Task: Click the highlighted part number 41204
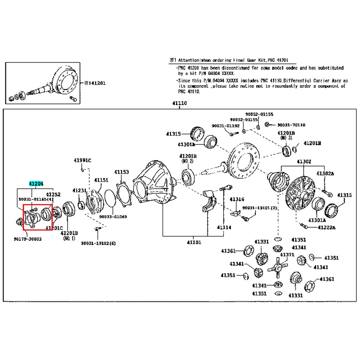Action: (36, 184)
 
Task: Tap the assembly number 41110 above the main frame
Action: (179, 103)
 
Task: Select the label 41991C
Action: (82, 161)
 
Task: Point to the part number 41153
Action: (121, 172)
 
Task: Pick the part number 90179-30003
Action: (27, 239)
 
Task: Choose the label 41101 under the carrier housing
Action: (194, 242)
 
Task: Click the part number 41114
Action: (224, 227)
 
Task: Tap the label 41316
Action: (237, 199)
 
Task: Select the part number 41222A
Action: (326, 227)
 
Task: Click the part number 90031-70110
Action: (291, 125)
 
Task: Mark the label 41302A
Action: (325, 173)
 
